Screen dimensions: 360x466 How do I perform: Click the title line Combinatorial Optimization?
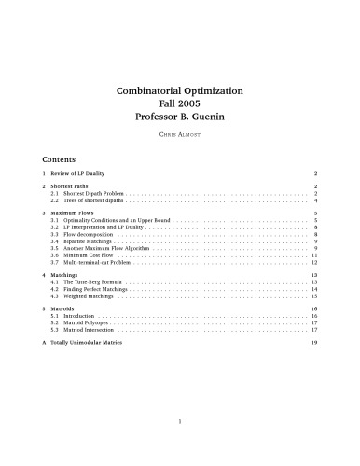coord(179,91)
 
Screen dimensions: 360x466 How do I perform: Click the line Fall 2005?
coord(179,105)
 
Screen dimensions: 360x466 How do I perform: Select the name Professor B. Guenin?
coord(179,119)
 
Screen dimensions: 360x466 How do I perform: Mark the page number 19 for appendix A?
coord(315,343)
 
